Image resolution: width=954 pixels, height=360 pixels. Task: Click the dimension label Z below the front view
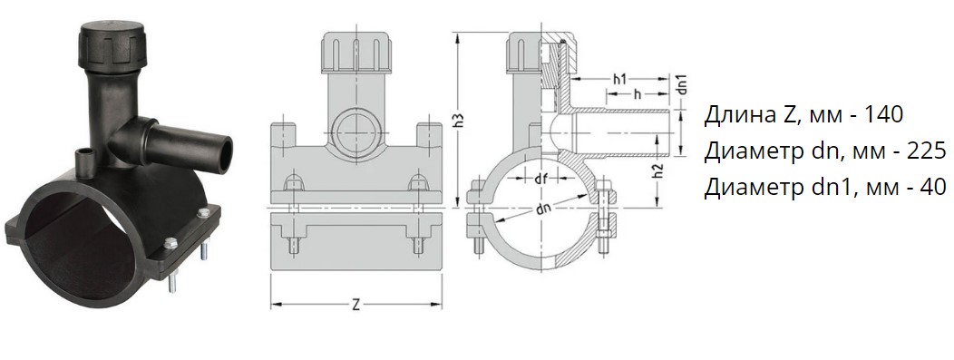click(x=355, y=305)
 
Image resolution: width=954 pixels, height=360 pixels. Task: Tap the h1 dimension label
click(x=619, y=79)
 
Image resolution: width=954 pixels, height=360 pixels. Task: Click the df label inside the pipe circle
click(x=540, y=179)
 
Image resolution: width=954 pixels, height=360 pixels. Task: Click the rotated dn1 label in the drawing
click(x=682, y=84)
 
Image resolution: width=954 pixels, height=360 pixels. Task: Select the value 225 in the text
click(x=926, y=151)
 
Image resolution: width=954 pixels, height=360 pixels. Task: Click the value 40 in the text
click(x=933, y=188)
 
